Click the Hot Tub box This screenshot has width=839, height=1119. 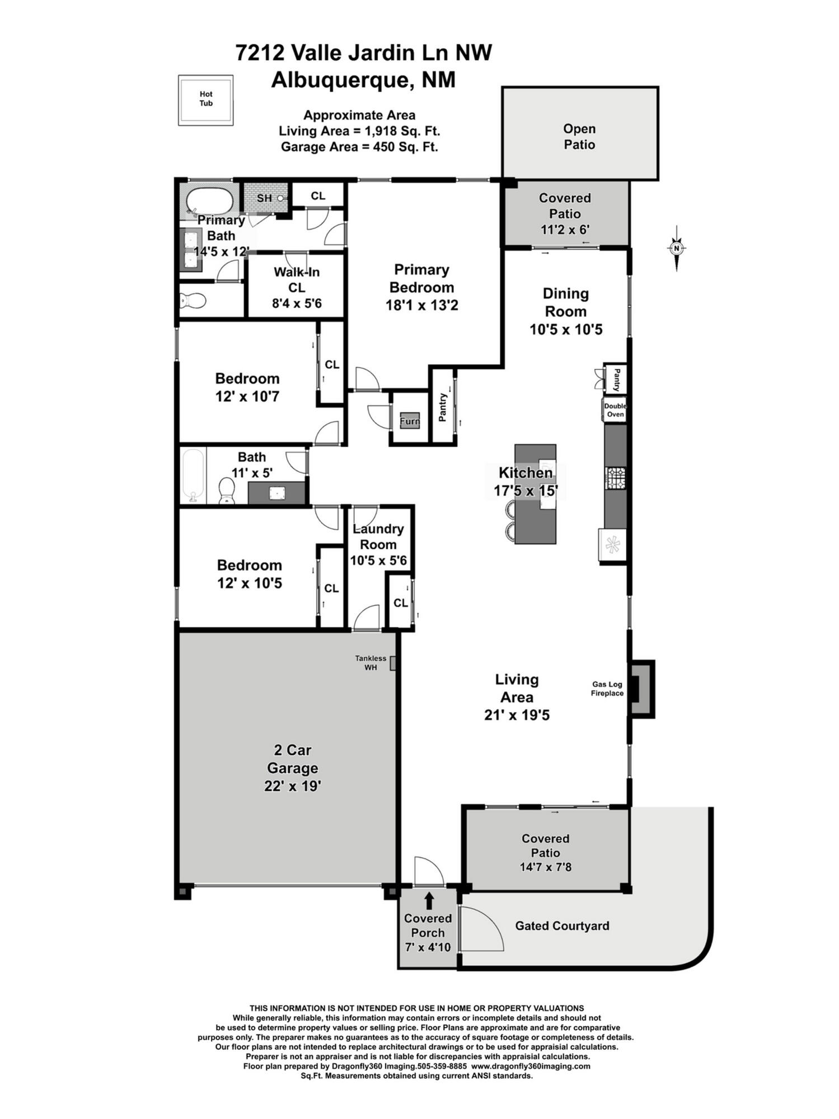(205, 100)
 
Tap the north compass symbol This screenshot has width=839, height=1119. (677, 248)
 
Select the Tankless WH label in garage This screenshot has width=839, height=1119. (371, 662)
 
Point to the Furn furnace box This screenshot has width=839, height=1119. (409, 421)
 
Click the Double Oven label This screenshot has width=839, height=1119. (615, 410)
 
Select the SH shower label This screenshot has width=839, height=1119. (264, 198)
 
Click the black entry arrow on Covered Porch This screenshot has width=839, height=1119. (429, 900)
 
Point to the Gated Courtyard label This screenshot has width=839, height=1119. (562, 925)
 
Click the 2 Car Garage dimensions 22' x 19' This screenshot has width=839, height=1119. (292, 786)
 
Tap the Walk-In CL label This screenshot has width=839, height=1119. (296, 280)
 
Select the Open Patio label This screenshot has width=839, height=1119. (579, 137)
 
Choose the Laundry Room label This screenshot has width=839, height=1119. (378, 537)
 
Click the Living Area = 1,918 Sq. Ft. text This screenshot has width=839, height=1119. (359, 131)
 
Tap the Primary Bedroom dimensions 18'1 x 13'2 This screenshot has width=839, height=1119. (421, 305)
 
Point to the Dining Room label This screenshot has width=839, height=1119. (565, 302)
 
